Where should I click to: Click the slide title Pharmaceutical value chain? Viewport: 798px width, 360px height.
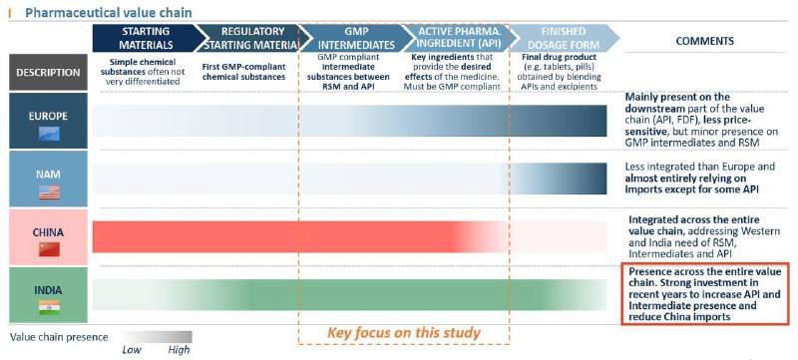[x=109, y=12]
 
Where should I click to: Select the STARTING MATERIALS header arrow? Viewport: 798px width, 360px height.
[x=145, y=38]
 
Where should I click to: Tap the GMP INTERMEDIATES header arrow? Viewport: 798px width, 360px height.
[x=356, y=38]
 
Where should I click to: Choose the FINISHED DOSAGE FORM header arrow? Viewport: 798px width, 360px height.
[x=563, y=38]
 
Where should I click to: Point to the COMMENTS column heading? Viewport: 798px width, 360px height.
[x=705, y=41]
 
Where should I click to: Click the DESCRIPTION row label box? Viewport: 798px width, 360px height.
[x=48, y=72]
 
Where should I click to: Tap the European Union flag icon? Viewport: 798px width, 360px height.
[x=49, y=134]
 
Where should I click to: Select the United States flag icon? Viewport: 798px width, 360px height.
[x=49, y=192]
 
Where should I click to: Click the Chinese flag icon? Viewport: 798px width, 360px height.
[x=49, y=249]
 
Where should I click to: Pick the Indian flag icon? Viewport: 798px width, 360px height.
[x=49, y=307]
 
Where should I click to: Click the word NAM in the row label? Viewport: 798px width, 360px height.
[x=48, y=175]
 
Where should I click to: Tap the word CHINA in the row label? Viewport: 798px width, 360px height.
[x=48, y=232]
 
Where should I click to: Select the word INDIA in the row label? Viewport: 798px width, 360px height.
[x=48, y=290]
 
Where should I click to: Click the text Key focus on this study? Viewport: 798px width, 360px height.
[x=404, y=333]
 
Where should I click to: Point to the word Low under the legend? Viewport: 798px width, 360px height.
[x=132, y=350]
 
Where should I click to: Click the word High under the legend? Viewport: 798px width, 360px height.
[x=179, y=350]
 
